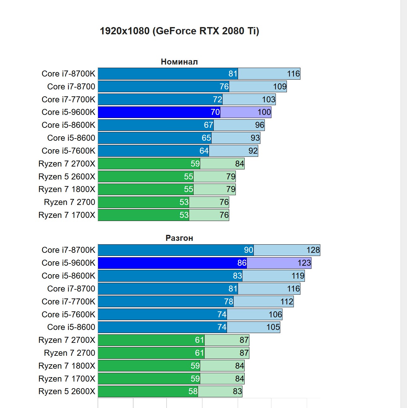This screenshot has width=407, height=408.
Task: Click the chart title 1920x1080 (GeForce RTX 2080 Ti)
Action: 179,31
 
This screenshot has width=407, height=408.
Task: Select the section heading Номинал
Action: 179,62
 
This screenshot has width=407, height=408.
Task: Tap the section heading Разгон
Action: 179,238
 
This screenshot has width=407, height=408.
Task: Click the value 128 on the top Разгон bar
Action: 313,250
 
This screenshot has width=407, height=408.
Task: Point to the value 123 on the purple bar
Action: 304,263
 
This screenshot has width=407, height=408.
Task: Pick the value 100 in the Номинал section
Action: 264,112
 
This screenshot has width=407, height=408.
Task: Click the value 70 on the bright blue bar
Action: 215,112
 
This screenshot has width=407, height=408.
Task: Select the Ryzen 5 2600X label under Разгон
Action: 67,391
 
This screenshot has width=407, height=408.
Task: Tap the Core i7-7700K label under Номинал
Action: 68,99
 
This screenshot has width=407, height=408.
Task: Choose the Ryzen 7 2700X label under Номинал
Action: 67,164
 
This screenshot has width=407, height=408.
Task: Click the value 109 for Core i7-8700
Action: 280,87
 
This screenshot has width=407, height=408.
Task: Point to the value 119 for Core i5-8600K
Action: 298,276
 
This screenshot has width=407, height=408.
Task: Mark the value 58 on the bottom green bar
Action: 193,391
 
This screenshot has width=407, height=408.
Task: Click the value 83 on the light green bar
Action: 237,391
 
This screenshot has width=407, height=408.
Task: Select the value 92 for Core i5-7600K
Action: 253,151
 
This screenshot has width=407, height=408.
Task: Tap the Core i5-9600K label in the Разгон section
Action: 68,263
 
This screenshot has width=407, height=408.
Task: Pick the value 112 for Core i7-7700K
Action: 287,302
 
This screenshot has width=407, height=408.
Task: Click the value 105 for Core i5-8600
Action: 273,327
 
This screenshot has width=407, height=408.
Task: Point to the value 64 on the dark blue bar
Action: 204,151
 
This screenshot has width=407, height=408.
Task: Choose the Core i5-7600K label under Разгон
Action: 68,314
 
